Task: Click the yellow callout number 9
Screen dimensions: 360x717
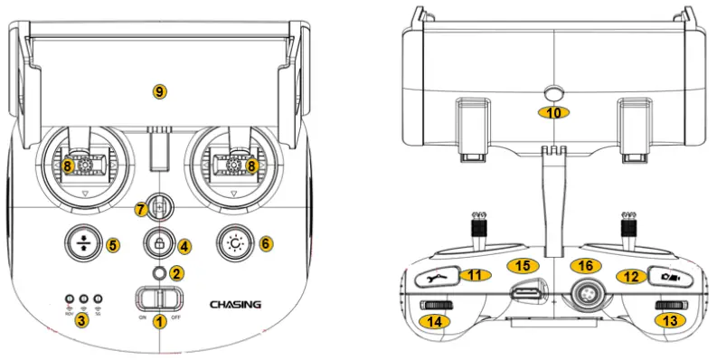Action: (160, 90)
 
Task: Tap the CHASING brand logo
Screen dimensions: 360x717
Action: (236, 304)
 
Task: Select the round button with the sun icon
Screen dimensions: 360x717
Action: (237, 242)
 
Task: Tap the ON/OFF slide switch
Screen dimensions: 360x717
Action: (159, 298)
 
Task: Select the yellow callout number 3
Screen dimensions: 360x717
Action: (82, 319)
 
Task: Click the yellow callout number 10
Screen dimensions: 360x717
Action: (552, 112)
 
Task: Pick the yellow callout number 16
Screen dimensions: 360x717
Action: (587, 266)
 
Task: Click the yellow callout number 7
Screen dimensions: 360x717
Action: (140, 209)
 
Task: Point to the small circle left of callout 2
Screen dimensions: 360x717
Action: (160, 272)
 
